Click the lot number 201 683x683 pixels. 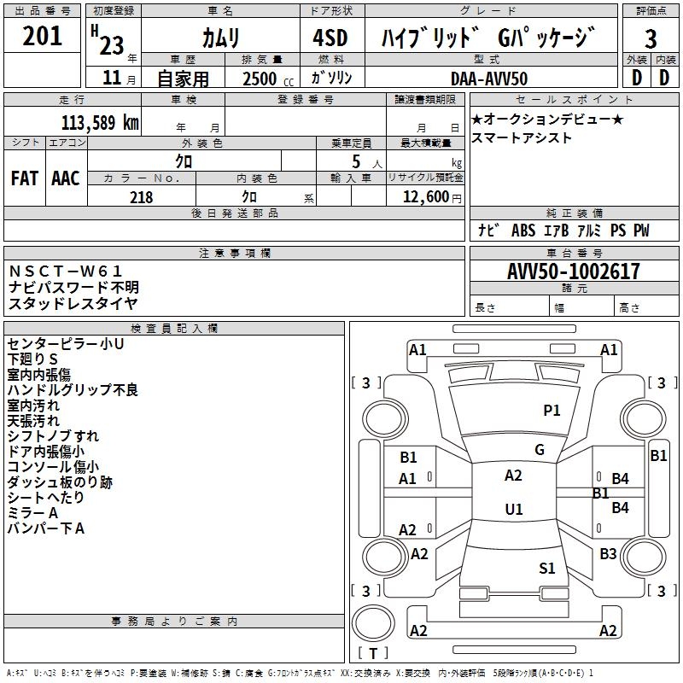pos(42,36)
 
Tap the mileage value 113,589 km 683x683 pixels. pos(100,122)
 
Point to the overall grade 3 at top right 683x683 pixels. pos(651,39)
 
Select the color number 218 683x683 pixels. pos(141,197)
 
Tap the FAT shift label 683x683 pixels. pos(24,178)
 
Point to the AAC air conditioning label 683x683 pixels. pos(66,178)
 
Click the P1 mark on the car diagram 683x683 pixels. pos(552,411)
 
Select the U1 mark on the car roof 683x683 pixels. pos(513,510)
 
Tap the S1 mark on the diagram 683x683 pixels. pos(547,568)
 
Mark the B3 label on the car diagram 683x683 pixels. pos(608,554)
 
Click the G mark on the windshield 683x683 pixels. pos(540,450)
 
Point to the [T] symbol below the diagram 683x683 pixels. pos(373,654)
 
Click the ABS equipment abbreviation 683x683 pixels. pos(522,231)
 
